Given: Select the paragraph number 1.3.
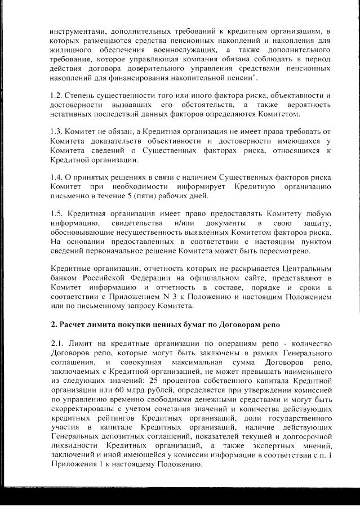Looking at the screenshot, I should coord(56,132).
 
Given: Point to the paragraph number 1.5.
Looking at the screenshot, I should coord(56,214).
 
